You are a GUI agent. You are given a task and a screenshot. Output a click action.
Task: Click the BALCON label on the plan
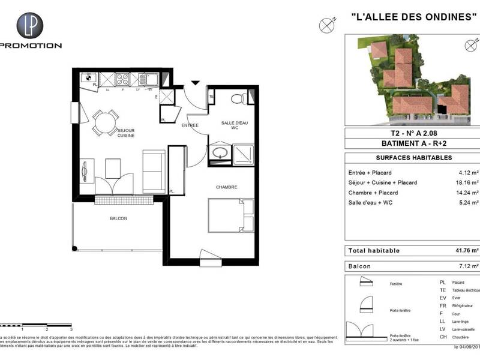click(118, 218)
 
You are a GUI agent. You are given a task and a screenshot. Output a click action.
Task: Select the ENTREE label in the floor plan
click(190, 125)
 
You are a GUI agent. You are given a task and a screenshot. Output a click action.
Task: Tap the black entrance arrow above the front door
click(195, 83)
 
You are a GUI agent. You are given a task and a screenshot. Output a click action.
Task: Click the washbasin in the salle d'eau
click(219, 152)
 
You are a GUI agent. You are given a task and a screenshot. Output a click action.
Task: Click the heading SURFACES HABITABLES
click(405, 158)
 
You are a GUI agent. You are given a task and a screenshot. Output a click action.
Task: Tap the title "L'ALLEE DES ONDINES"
click(409, 17)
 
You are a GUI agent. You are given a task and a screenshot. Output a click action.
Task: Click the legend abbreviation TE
click(443, 290)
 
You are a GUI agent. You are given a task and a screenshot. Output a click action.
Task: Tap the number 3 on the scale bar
click(71, 329)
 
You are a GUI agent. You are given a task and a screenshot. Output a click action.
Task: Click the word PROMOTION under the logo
click(31, 46)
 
